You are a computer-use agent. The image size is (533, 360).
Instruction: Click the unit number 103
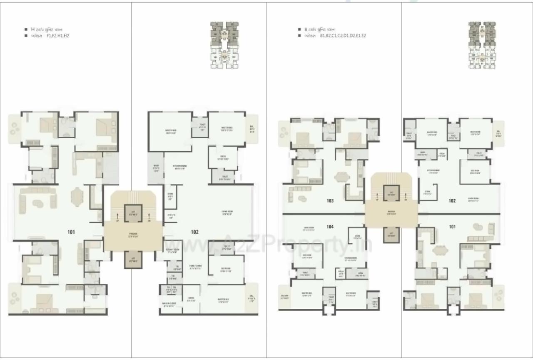330,201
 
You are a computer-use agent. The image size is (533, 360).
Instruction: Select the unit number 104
330,227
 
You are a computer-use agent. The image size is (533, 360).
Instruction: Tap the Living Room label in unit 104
309,228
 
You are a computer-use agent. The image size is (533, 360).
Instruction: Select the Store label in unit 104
357,235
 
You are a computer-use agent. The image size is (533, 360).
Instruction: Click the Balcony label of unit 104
285,297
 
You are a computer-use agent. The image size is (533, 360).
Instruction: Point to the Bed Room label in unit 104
307,256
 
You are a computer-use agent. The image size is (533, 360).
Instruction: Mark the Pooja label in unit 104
341,274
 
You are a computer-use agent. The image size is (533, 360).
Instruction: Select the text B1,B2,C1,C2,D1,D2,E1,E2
343,36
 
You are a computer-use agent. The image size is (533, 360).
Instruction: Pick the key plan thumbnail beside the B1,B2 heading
482,45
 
